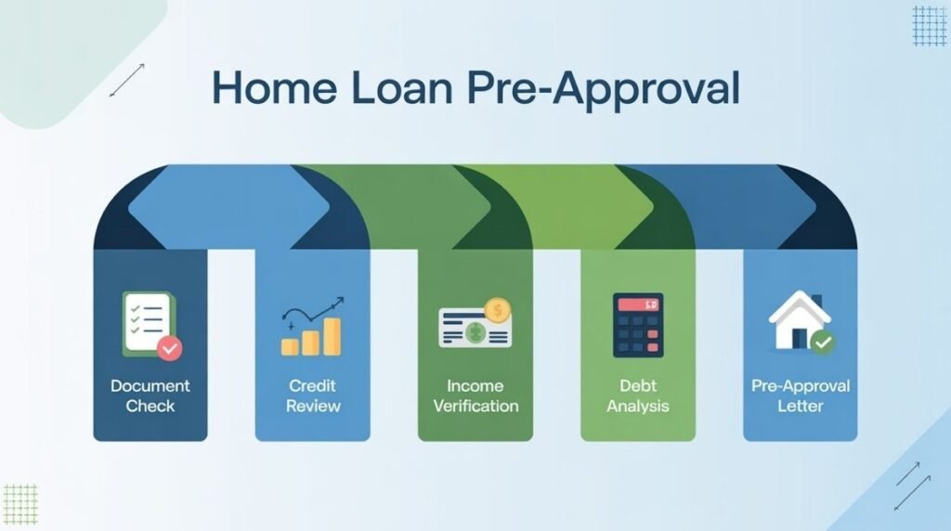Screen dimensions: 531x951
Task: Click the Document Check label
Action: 150,395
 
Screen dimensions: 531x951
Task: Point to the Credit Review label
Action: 312,395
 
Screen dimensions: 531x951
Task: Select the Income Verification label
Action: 475,395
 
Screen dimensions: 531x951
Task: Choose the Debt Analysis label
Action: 638,395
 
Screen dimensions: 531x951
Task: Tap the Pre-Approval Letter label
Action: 800,395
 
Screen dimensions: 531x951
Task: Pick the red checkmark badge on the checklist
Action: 169,348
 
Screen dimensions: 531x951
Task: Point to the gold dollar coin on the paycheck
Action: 499,310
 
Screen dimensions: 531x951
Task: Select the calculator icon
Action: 638,325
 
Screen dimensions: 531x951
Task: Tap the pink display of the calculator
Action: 638,304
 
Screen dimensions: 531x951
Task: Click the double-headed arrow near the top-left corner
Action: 126,80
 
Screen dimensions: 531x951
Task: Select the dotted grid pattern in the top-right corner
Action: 929,25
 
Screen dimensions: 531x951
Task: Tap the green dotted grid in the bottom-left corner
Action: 20,504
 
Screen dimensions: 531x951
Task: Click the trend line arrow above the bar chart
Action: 316,309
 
